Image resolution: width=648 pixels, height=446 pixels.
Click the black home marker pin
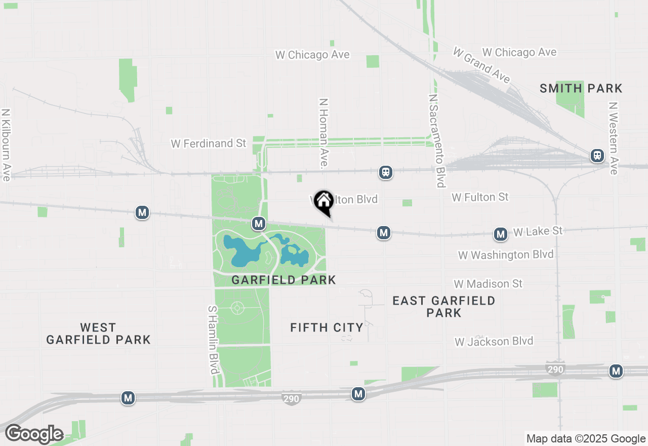coord(323,201)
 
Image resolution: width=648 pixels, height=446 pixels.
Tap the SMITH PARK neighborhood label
coord(581,89)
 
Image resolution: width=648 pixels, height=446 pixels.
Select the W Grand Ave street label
coord(481,66)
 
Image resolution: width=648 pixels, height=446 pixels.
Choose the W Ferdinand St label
coord(208,143)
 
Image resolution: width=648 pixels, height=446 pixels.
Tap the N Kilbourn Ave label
coord(6,144)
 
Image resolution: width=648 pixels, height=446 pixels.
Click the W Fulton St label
coord(480,197)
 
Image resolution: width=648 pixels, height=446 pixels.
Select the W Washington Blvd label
coord(506,254)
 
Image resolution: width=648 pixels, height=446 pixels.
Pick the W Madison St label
coord(488,283)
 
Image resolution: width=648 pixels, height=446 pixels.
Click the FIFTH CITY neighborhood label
coord(327,328)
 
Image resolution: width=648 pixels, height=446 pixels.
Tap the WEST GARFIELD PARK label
coord(98,333)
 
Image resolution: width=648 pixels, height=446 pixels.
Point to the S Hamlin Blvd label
coord(213,340)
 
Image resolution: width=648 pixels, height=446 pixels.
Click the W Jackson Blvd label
coord(494,341)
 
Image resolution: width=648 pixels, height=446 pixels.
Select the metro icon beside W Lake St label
coord(501,234)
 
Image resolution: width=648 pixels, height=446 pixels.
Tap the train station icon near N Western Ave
coord(597,156)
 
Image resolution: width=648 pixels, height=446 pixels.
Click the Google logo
coord(34,434)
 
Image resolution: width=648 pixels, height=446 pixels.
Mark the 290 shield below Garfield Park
coord(291,399)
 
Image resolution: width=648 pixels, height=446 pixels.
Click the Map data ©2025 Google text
coord(586,439)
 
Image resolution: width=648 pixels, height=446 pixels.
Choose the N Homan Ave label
coord(323,133)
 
